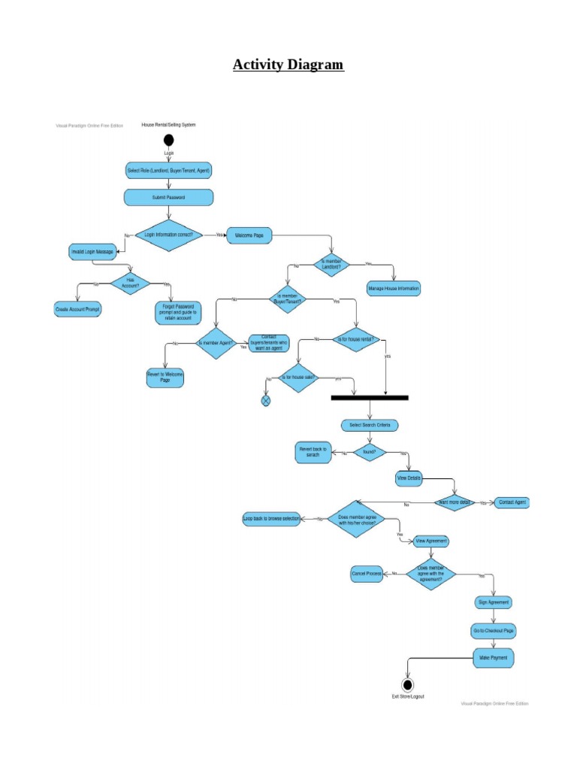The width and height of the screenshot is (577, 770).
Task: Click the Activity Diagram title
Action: click(288, 65)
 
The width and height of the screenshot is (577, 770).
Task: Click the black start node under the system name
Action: click(168, 140)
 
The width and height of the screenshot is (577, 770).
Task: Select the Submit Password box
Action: click(168, 197)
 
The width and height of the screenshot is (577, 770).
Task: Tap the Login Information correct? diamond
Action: click(168, 235)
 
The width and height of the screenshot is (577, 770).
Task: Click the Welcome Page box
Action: click(249, 235)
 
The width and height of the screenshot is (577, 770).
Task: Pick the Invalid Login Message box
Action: click(92, 252)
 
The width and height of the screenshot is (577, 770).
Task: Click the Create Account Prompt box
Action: click(77, 308)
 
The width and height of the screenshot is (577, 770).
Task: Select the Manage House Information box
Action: click(393, 289)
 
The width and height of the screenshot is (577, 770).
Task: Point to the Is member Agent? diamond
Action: click(216, 344)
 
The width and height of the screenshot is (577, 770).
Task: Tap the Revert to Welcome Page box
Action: click(165, 377)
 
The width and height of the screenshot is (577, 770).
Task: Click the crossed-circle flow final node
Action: click(265, 401)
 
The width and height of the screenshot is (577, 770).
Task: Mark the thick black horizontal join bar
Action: click(370, 397)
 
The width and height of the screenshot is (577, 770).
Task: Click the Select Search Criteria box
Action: click(370, 425)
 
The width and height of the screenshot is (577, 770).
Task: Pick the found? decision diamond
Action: click(369, 453)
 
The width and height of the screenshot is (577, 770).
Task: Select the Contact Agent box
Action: click(512, 502)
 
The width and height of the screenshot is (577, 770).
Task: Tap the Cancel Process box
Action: click(367, 574)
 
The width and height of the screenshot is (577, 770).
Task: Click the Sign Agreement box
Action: click(494, 602)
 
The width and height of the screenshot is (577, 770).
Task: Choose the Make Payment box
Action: click(494, 658)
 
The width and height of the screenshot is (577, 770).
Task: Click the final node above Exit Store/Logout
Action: click(407, 684)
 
